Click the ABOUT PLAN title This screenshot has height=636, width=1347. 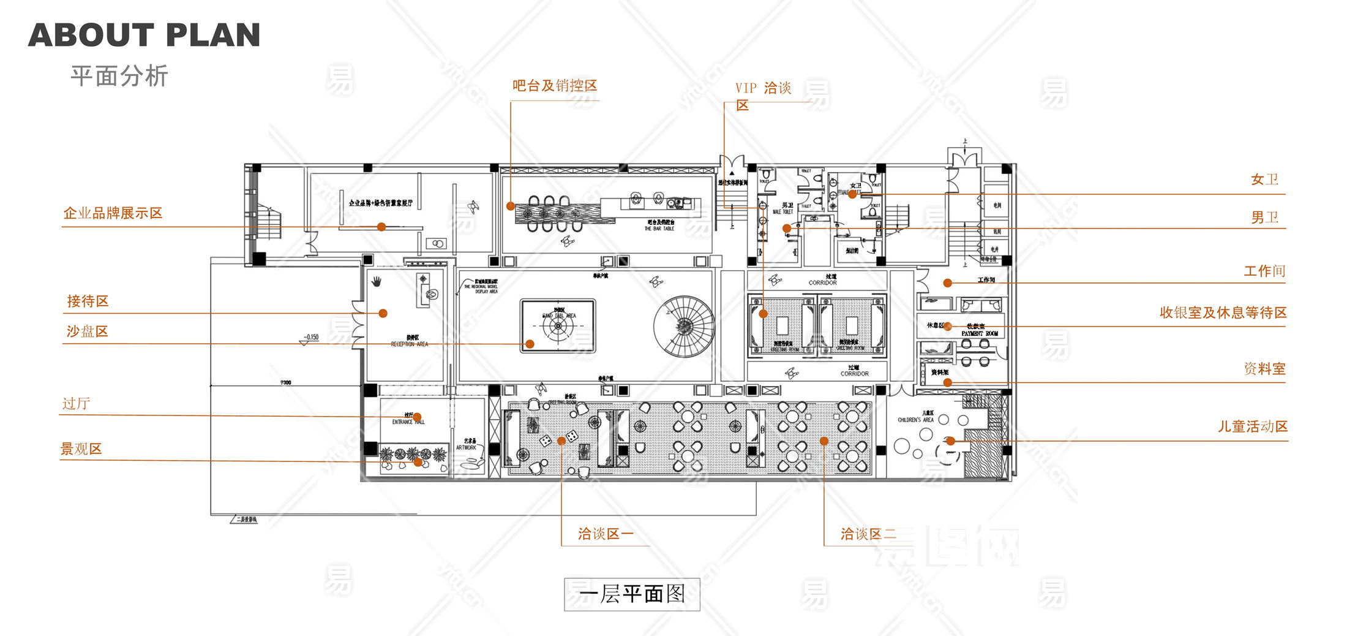(144, 35)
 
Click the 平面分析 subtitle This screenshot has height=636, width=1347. (119, 76)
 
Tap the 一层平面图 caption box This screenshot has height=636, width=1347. (631, 594)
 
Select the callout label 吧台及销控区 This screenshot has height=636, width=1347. (555, 86)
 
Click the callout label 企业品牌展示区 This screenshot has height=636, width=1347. (113, 213)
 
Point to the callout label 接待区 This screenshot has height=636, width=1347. (88, 301)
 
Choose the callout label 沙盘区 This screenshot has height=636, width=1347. (87, 331)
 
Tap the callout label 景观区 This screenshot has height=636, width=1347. (81, 449)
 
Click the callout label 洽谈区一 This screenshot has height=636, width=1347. (605, 534)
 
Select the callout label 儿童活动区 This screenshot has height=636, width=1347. (1252, 426)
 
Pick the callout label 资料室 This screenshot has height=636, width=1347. (1264, 369)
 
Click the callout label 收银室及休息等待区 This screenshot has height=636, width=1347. (1223, 312)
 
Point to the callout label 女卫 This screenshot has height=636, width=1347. (1264, 180)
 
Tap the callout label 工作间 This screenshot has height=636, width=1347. (1264, 271)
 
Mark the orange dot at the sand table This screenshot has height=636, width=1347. (530, 344)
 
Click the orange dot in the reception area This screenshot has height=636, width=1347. (383, 313)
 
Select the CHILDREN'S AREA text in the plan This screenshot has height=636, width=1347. (915, 420)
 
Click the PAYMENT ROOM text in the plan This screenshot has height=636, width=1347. (980, 333)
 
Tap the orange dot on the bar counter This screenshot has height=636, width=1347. (511, 206)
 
